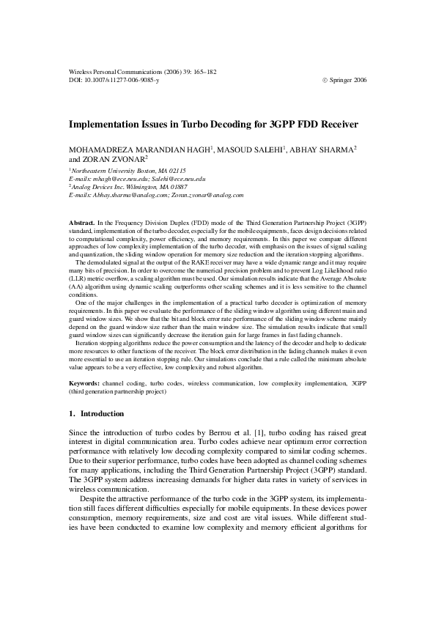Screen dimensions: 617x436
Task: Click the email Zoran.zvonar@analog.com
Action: [208, 196]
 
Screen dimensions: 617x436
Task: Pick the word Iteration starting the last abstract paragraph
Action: [89, 342]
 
